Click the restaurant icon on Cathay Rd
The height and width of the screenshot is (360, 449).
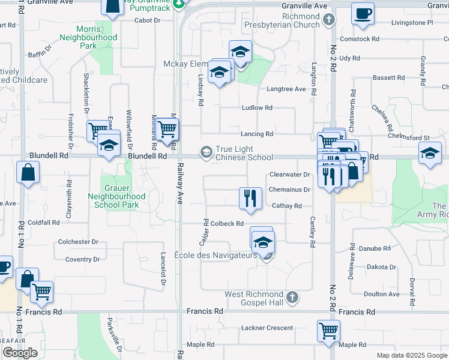coord(250,197)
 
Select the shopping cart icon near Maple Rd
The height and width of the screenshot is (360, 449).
coord(328,331)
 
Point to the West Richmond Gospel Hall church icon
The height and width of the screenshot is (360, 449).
coord(292,297)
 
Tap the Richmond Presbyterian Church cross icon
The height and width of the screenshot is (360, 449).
coord(328,20)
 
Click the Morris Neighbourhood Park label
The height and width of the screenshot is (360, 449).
coord(88,37)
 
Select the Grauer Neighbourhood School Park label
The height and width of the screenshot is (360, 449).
coord(116,196)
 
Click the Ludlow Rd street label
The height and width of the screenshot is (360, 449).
coord(257,108)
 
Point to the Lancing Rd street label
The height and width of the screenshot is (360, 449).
coord(257,134)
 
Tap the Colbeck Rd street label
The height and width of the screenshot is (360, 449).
coord(227,224)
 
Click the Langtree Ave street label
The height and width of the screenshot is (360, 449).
coord(286,89)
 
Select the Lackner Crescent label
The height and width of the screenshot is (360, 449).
coord(267,328)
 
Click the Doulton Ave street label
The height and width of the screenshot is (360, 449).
coord(381,294)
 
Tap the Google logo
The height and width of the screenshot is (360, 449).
coord(20,353)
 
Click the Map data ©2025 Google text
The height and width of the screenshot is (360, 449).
coord(412,355)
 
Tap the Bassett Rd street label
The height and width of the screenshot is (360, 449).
coord(388,78)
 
